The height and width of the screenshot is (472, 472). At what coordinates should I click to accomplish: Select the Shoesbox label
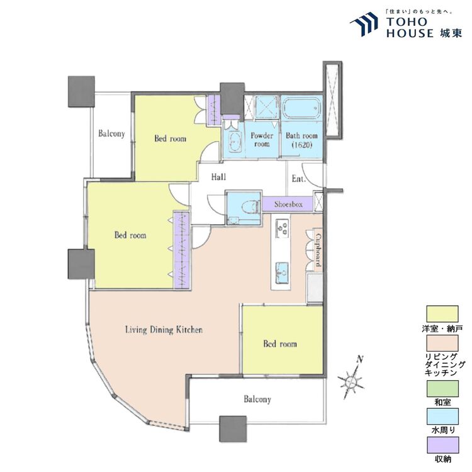click(x=288, y=205)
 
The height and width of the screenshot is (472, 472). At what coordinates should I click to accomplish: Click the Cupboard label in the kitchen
click(x=317, y=250)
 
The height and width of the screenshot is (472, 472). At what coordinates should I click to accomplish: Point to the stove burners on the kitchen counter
click(x=283, y=227)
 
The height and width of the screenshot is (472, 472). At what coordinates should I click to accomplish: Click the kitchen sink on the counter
click(x=282, y=273)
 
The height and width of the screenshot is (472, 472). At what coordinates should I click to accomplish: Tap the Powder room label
click(x=262, y=140)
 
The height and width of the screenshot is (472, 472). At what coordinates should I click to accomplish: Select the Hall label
click(x=218, y=177)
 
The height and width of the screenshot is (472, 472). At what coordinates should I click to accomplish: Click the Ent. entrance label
click(x=298, y=179)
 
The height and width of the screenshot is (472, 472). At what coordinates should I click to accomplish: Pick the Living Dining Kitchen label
click(x=164, y=330)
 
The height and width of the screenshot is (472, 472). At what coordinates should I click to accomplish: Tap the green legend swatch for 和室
click(x=442, y=388)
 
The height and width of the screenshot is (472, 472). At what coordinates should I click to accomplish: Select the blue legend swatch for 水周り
click(x=442, y=417)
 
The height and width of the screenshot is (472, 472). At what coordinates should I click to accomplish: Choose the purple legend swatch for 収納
click(x=442, y=445)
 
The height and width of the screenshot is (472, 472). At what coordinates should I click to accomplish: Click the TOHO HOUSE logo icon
click(x=364, y=25)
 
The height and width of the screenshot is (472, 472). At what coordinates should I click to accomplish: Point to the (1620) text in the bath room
click(x=302, y=145)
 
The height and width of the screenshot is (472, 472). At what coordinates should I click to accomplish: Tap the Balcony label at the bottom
click(x=257, y=400)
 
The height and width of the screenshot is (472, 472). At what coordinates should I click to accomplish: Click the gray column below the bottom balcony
click(x=233, y=429)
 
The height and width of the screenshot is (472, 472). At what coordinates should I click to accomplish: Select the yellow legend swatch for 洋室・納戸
click(x=442, y=314)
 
